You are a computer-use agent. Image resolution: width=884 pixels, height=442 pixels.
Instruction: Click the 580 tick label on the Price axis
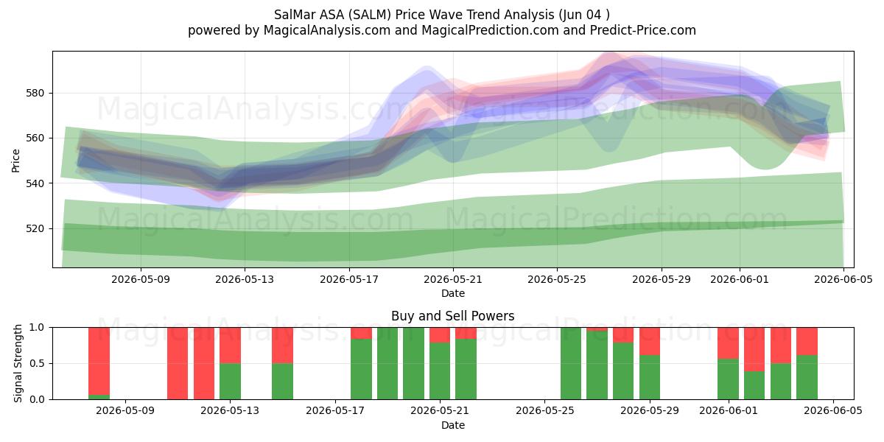coord(35,94)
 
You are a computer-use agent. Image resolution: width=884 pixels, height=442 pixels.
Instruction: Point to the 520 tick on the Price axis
coord(35,229)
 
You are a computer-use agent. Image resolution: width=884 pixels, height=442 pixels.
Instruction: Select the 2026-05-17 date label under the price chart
coord(349,279)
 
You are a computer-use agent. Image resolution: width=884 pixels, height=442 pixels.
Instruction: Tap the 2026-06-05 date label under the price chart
coord(843,279)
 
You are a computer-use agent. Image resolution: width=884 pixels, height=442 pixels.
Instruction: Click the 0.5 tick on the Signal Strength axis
coord(37,363)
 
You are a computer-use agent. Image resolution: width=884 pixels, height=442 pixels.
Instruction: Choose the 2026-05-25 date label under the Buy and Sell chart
coord(544,411)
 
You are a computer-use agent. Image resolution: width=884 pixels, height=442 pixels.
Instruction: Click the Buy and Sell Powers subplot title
coord(452,316)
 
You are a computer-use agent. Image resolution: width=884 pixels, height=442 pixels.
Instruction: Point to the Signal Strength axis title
coord(18,363)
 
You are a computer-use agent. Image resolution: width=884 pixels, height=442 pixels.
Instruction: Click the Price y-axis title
coord(15,161)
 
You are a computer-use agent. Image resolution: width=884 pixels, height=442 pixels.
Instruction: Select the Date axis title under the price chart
coord(452,293)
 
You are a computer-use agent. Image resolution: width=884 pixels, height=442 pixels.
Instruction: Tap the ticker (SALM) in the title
coord(370,15)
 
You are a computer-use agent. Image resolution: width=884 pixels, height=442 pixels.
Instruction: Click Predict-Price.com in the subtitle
coord(643,30)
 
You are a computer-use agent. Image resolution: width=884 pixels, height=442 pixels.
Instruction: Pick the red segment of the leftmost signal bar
coord(99,361)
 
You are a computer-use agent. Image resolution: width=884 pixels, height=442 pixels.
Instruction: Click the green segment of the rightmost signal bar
coord(807,377)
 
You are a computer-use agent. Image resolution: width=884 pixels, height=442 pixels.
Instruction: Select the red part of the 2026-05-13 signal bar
coord(230,345)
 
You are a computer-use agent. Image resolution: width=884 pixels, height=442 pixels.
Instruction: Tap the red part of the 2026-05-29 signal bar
coord(650,341)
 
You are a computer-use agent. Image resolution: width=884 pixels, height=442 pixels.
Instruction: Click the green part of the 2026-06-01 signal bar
coord(728,379)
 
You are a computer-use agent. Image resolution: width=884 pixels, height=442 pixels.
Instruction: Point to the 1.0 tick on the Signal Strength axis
coord(37,328)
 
